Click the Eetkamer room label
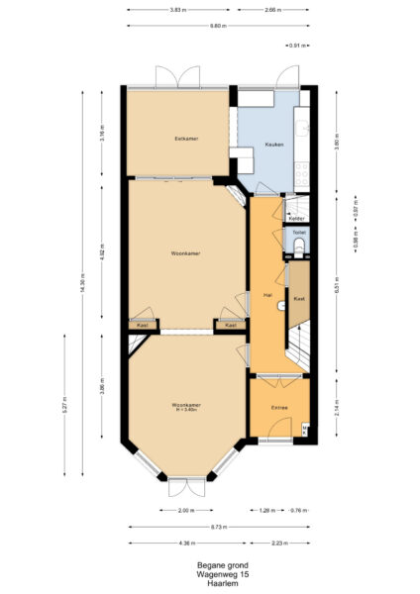186,139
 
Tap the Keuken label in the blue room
274,145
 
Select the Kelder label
296,218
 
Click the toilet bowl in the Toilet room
298,246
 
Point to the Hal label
267,295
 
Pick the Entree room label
279,408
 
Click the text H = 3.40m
186,410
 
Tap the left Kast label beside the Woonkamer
143,325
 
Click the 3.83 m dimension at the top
177,9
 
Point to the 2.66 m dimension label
272,9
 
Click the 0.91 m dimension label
296,46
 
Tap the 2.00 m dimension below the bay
186,511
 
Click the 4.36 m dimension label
186,543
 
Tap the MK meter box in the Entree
305,429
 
